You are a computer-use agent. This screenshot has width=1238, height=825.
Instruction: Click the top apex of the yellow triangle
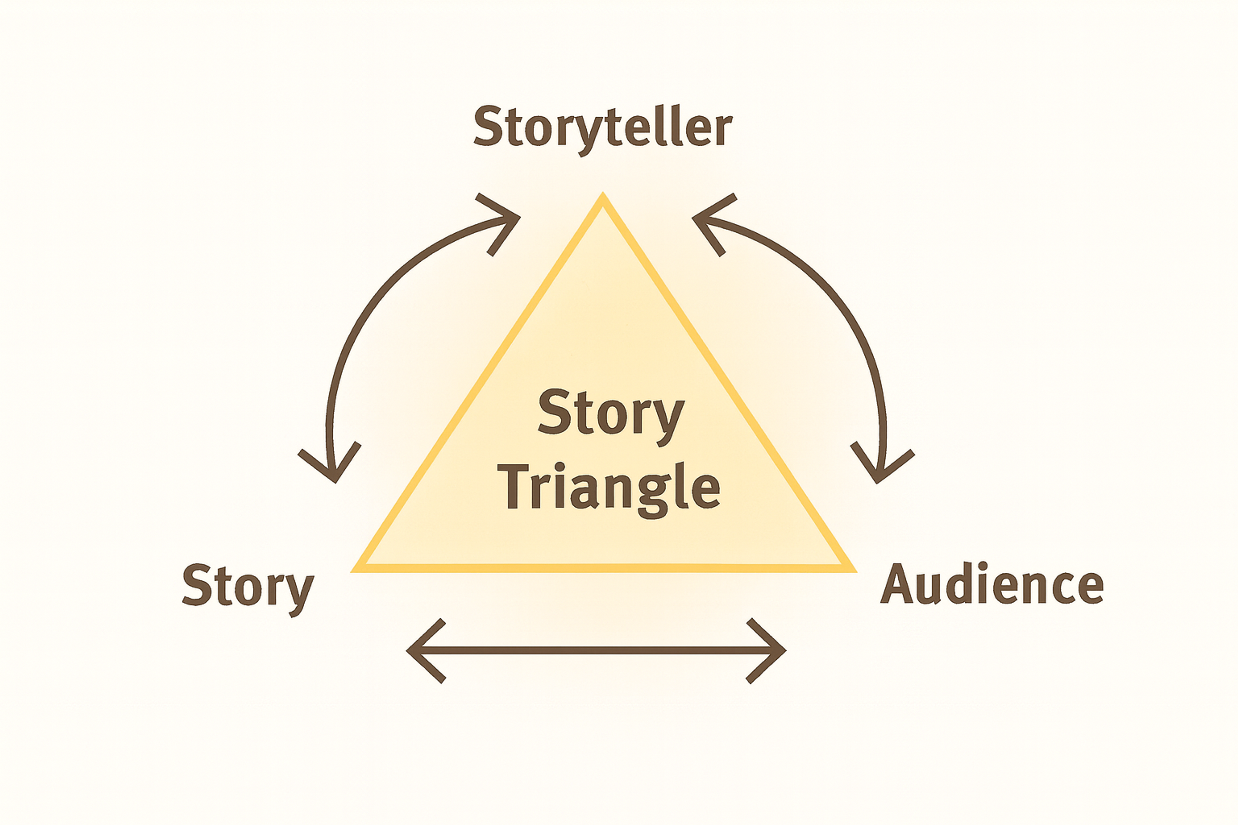click(x=603, y=196)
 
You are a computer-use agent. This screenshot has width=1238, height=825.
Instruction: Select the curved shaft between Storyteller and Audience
click(x=842, y=316)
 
